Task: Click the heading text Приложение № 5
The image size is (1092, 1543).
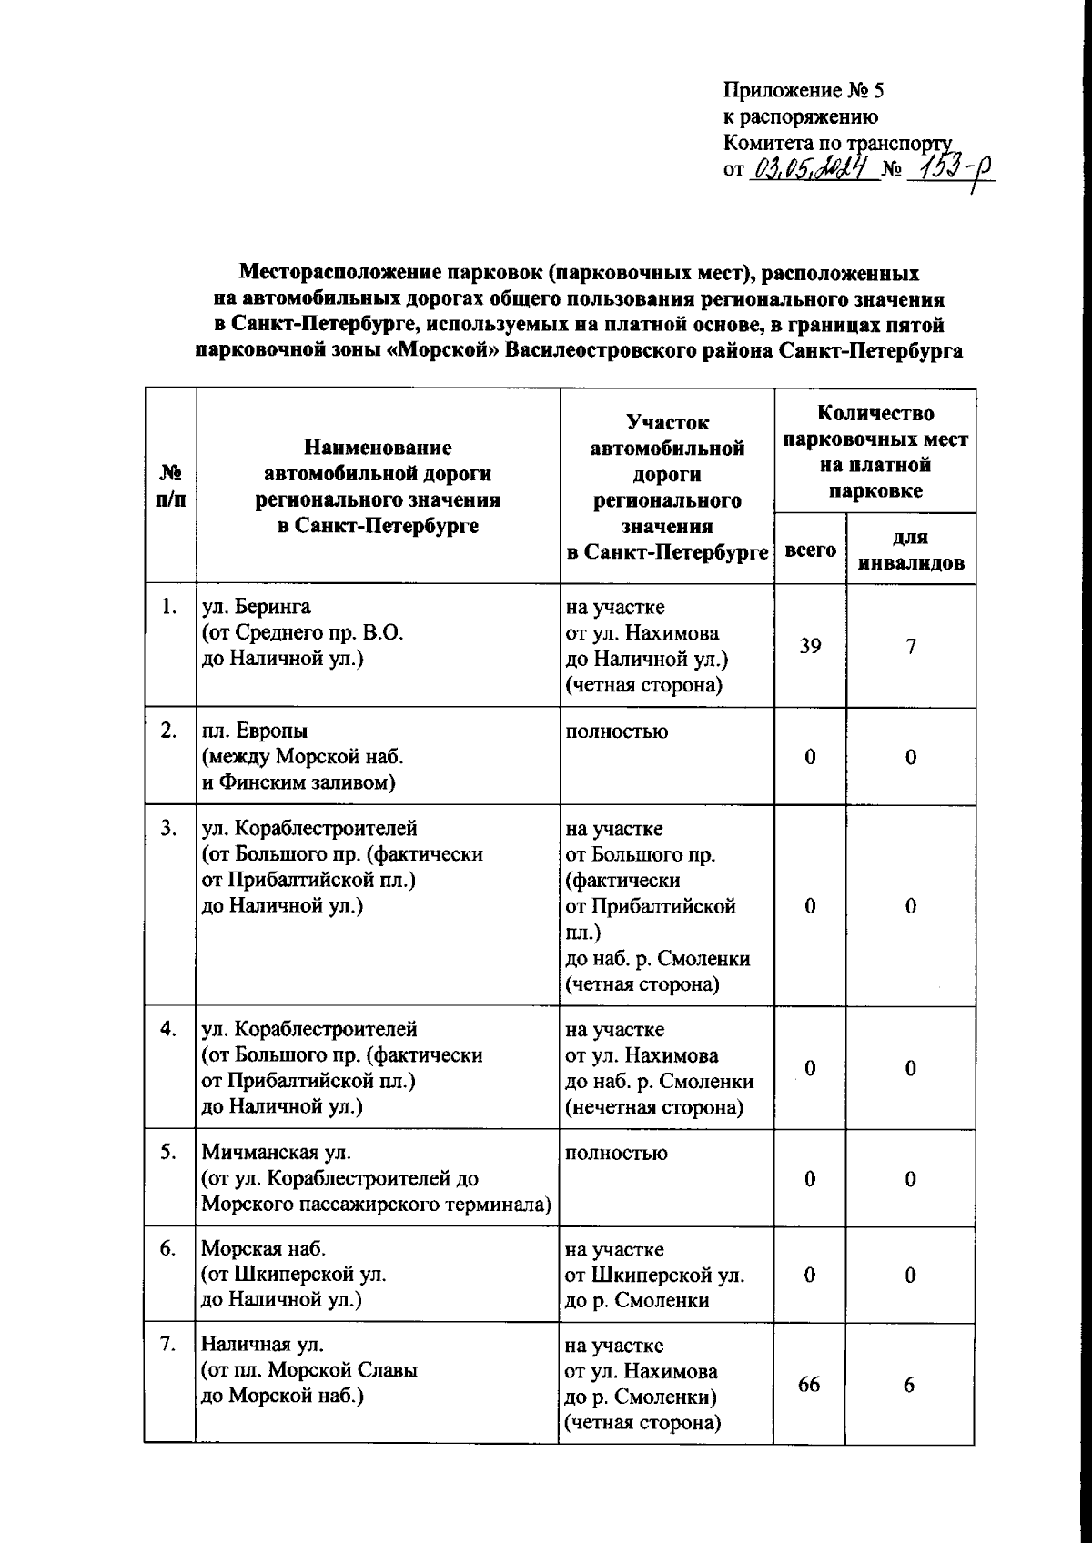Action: [804, 91]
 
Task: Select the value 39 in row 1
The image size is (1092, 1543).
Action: [810, 646]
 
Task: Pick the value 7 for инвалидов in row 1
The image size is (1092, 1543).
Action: [910, 646]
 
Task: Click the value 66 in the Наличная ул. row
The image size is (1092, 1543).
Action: [809, 1384]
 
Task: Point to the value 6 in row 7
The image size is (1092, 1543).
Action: [909, 1384]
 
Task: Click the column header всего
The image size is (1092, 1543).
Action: [810, 550]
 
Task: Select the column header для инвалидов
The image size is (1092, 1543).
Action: [911, 550]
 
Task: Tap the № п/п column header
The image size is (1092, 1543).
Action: [170, 487]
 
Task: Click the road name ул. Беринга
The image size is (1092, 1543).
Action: [256, 607]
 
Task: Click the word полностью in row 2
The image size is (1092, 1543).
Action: [616, 731]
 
